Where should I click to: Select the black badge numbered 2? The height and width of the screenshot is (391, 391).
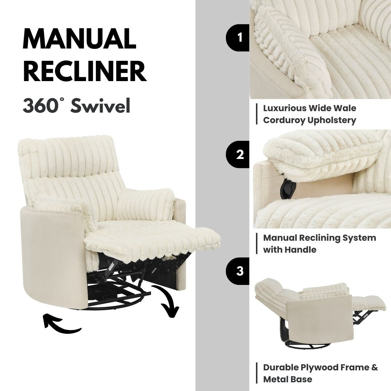coord(239,155)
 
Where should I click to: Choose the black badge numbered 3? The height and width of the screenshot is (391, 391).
coord(239,271)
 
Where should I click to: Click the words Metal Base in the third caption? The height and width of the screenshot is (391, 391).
coord(287,379)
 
